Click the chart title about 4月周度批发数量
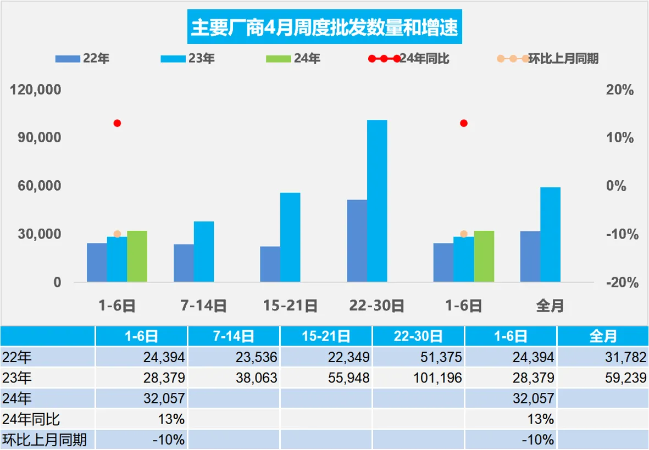[x=324, y=27]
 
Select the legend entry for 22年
[x=82, y=58]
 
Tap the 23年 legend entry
[x=188, y=58]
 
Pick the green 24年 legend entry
[x=293, y=58]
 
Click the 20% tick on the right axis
[x=619, y=90]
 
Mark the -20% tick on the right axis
[x=619, y=282]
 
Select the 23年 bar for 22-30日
[x=377, y=201]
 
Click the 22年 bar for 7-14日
[x=184, y=263]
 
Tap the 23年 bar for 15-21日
[x=290, y=237]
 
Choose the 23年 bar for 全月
[x=550, y=235]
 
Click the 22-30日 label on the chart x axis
[x=377, y=306]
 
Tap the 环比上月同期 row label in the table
[x=45, y=440]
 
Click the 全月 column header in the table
[x=603, y=336]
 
